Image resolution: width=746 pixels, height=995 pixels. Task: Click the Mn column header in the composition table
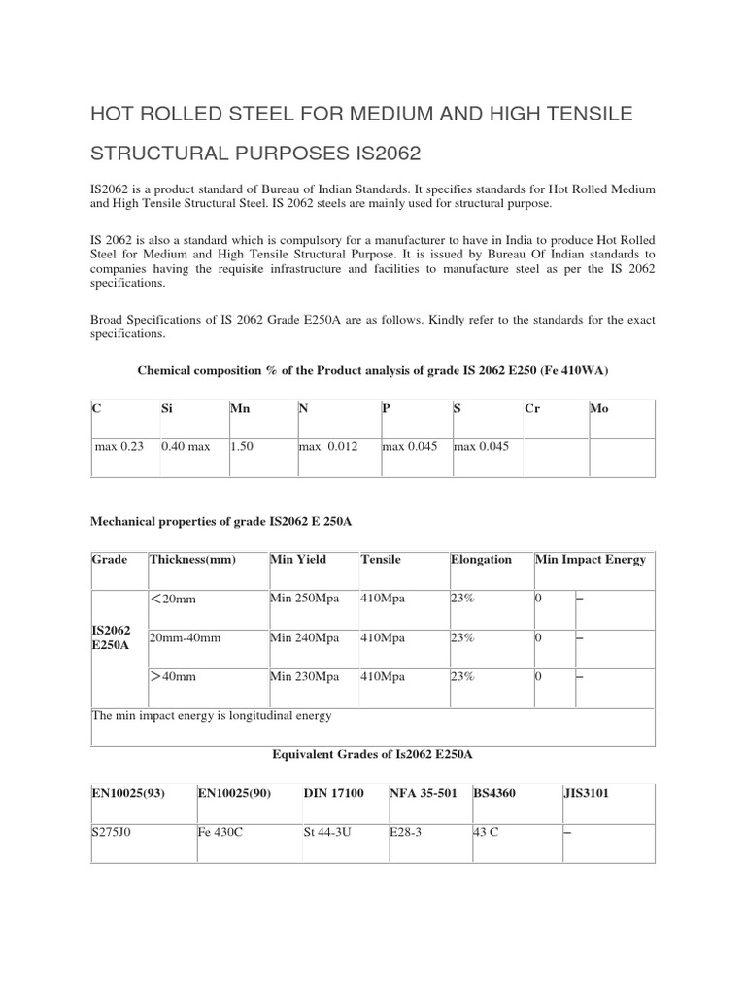click(240, 409)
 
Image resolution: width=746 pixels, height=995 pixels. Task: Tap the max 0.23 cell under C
click(119, 446)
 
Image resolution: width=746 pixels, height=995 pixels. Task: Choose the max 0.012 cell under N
click(327, 446)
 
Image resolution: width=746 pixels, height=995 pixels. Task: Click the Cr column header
click(532, 409)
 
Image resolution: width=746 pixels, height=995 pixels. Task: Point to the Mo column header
click(600, 409)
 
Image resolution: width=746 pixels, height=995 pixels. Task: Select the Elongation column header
click(481, 560)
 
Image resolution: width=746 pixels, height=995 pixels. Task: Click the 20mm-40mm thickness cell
click(185, 637)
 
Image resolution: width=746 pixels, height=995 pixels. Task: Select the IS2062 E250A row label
click(111, 637)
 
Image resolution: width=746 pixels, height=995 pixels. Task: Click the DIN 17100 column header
click(333, 793)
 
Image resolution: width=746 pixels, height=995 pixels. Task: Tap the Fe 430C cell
click(220, 833)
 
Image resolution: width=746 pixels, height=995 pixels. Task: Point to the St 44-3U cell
click(327, 833)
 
